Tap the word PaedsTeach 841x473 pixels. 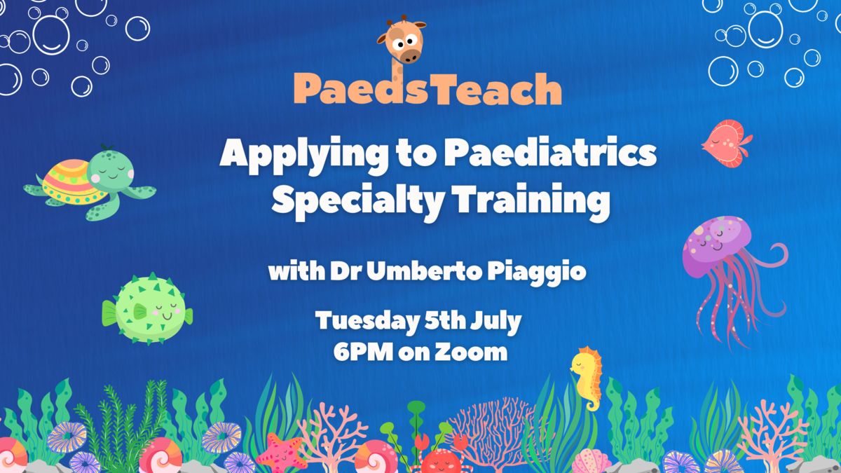coord(428,88)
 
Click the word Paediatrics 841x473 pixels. coord(550,153)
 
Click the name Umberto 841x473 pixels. coord(424,270)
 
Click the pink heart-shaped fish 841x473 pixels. coord(727,143)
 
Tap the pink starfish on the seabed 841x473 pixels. coord(280,453)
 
